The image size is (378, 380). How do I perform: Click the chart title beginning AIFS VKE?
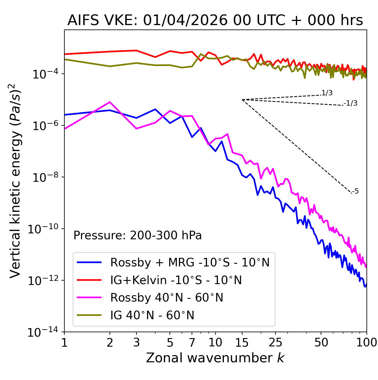[215, 21]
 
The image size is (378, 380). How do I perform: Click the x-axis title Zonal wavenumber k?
[215, 358]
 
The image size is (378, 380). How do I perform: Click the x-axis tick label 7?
[192, 343]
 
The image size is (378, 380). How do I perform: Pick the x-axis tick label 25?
[275, 343]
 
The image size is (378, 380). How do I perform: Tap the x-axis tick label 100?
[366, 343]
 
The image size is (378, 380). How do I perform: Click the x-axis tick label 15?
[242, 343]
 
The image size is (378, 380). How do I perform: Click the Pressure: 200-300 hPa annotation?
[138, 235]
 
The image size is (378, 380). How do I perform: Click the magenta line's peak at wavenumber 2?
[110, 102]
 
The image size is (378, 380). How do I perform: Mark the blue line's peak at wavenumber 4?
[155, 109]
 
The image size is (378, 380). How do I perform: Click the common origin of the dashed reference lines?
[242, 100]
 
